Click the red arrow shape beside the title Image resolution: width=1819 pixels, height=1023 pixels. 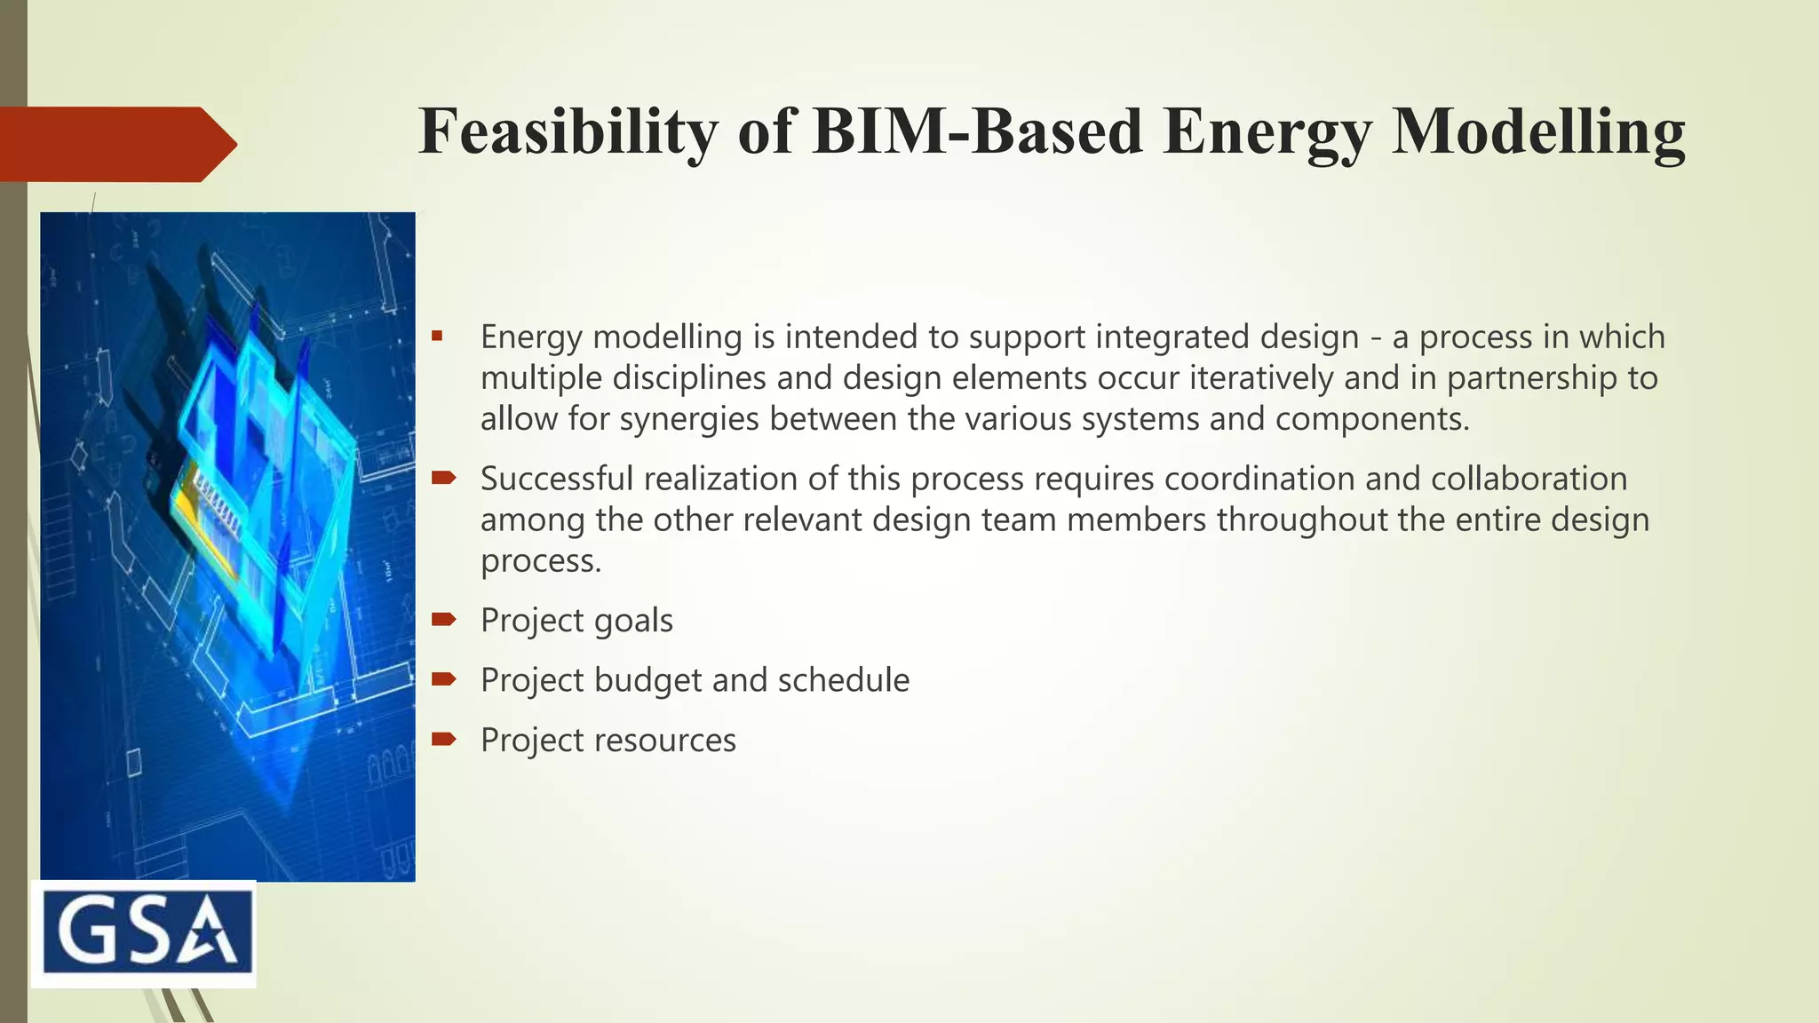[x=115, y=144]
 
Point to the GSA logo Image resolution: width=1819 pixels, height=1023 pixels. [x=144, y=934]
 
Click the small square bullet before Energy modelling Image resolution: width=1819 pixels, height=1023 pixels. [x=437, y=337]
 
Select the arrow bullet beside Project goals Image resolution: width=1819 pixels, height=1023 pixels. [x=443, y=619]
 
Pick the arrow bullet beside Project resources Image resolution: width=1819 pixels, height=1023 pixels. [x=443, y=739]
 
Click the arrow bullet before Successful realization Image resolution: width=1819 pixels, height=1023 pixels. [x=443, y=479]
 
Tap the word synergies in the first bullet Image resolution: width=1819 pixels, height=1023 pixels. [x=688, y=419]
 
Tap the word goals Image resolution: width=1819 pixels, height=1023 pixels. [x=632, y=621]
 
